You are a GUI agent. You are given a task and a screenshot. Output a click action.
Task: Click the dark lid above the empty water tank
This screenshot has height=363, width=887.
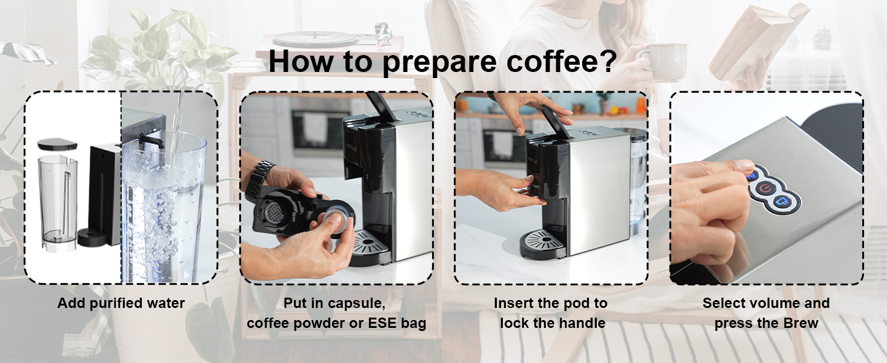pyautogui.click(x=57, y=145)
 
